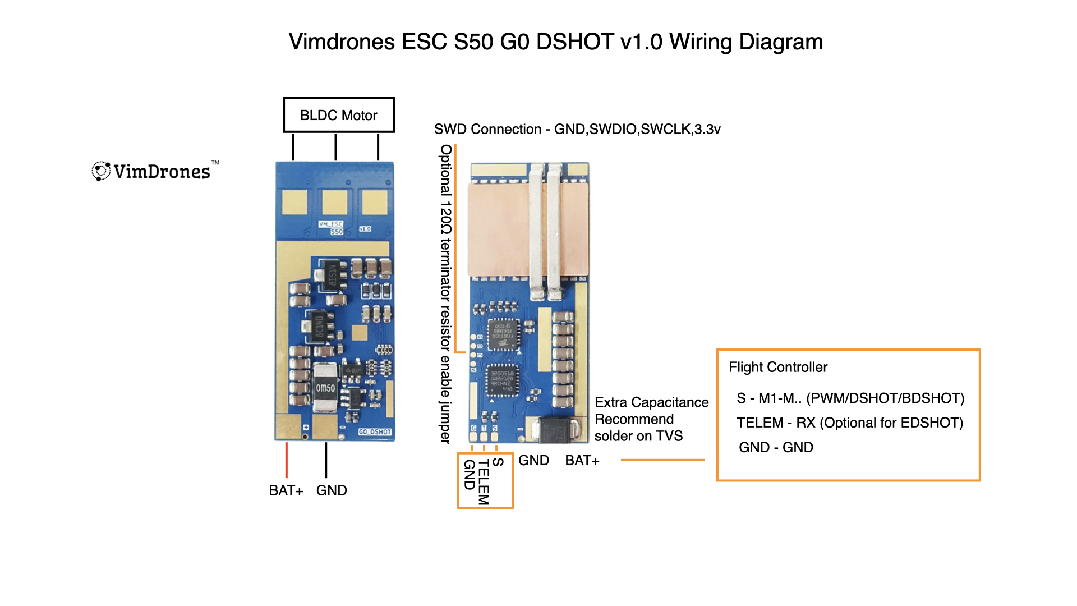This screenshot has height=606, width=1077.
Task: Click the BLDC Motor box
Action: (339, 115)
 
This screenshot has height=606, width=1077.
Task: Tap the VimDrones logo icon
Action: (101, 171)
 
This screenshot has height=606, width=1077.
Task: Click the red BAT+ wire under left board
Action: (287, 460)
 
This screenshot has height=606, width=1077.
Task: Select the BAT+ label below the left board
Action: (286, 490)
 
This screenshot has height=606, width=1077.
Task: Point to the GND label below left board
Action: (332, 490)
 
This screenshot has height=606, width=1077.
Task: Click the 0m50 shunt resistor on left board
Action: (325, 388)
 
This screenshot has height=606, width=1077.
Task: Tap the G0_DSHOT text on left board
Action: (375, 432)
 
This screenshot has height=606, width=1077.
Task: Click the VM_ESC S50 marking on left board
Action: (332, 227)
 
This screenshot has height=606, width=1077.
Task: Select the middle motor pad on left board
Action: (334, 203)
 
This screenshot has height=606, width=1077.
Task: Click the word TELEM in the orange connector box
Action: (484, 481)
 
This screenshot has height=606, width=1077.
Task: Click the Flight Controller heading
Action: (778, 367)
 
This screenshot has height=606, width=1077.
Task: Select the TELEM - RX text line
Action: (849, 423)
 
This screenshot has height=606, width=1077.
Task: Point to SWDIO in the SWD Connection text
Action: (613, 129)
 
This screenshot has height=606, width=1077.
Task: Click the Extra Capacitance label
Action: (651, 402)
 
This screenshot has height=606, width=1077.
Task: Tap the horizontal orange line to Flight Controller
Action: (662, 460)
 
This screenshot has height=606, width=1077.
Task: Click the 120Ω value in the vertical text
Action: (446, 221)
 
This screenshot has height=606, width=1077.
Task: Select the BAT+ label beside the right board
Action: (582, 461)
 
